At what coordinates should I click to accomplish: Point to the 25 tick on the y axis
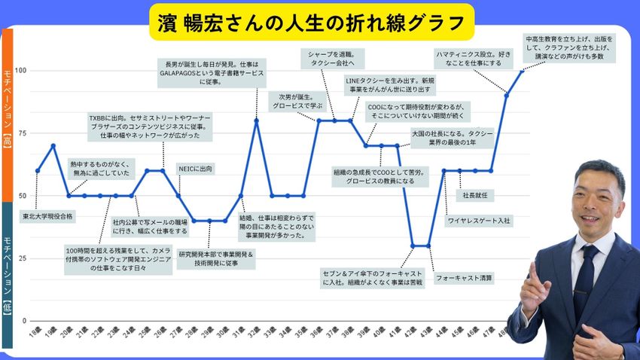[x=22, y=258]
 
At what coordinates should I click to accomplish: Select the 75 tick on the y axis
[x=22, y=133]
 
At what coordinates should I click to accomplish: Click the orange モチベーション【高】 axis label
[x=7, y=113]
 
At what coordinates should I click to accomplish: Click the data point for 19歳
[x=53, y=145]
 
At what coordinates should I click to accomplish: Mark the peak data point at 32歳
[x=256, y=121]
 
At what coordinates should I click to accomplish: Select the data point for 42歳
[x=413, y=246]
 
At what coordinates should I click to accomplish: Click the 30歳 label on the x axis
[x=223, y=331]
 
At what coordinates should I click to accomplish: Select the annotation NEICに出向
[x=195, y=169]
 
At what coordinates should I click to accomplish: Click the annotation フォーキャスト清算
[x=464, y=278]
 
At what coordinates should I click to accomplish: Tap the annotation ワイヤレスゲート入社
[x=479, y=221]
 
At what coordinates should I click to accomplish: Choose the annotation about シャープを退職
[x=332, y=59]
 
